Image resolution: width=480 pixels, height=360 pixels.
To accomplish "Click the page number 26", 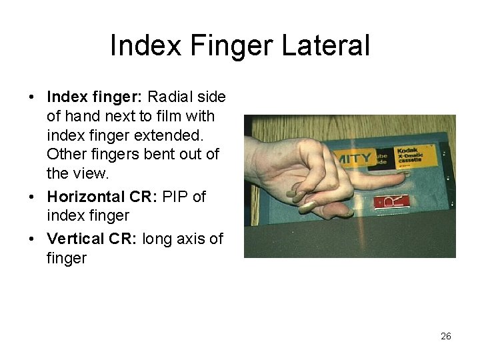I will click(446, 336).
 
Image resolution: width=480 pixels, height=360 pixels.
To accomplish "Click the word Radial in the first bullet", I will click(171, 97).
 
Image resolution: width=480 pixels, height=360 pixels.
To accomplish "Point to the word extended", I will click(179, 135).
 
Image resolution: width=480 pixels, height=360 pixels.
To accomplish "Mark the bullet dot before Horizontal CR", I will click(32, 197).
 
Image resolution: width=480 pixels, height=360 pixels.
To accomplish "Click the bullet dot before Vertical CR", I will click(32, 239).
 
